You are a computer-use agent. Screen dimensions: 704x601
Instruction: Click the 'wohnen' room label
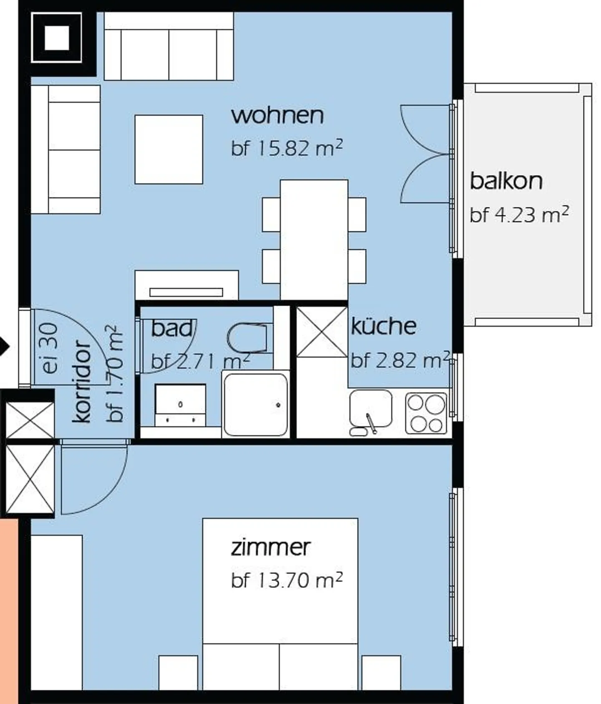[x=278, y=116]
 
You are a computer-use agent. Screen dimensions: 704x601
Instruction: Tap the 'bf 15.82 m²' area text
[x=287, y=148]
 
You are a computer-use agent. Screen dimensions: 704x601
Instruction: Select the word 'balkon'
[x=506, y=181]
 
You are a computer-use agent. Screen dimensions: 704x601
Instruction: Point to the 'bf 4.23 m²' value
[x=519, y=215]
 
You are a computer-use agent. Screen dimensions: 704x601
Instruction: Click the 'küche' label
[x=384, y=326]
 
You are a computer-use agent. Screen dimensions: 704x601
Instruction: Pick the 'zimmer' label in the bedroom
[x=270, y=547]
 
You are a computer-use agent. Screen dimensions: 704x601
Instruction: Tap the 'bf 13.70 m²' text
[x=287, y=580]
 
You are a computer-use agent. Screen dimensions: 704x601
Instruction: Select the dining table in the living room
[x=314, y=240]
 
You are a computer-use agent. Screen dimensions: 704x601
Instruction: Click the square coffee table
[x=169, y=149]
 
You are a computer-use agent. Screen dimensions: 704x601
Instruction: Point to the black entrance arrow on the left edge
[x=4, y=346]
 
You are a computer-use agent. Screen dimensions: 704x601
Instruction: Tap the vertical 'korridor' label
[x=82, y=382]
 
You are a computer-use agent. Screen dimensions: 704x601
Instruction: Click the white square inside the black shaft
[x=56, y=38]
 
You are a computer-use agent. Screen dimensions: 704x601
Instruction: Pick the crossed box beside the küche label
[x=321, y=332]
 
